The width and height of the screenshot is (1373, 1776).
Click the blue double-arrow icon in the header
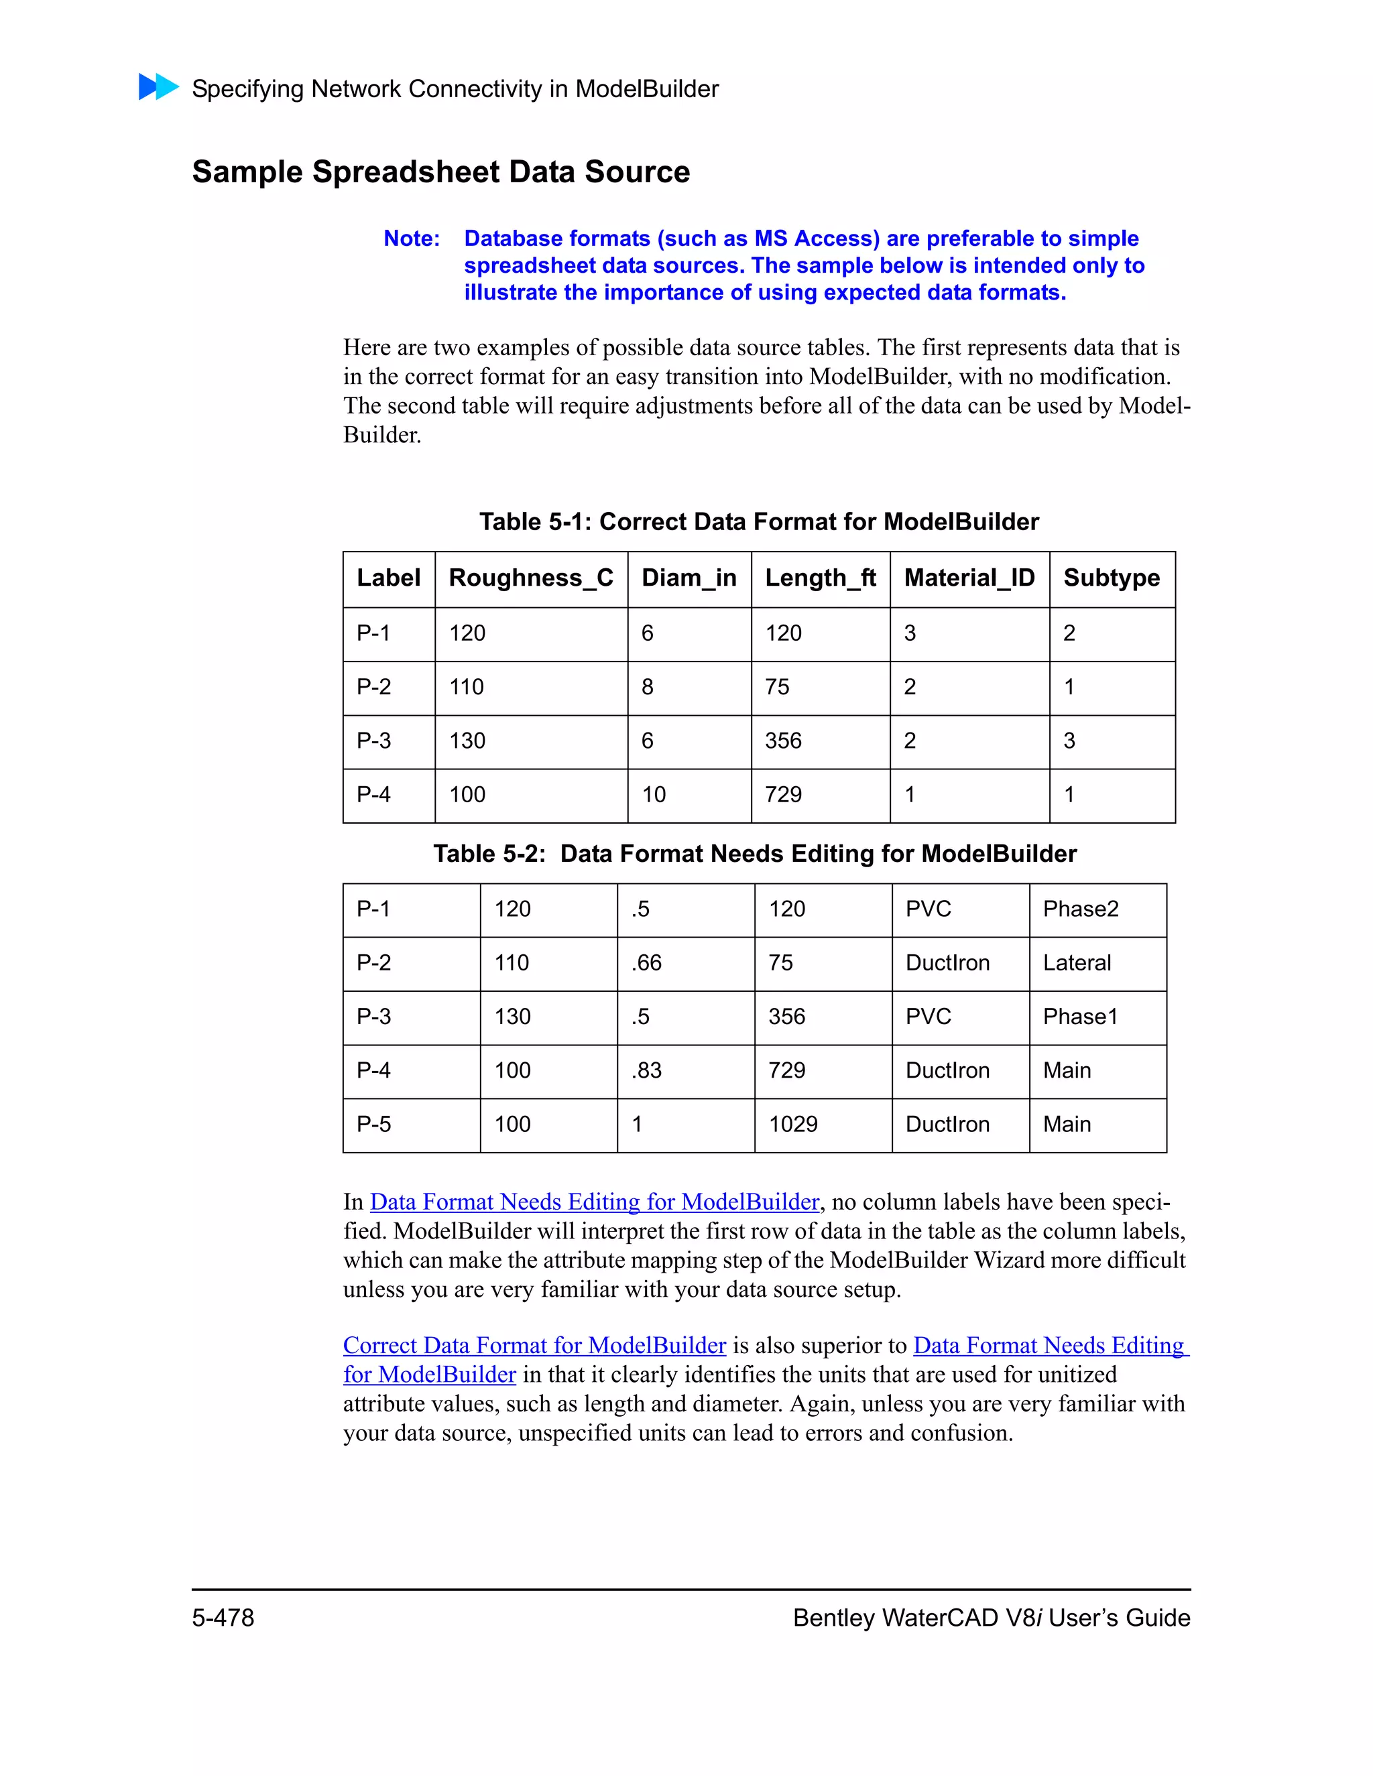pos(159,87)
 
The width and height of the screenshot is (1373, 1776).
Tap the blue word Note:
pos(412,239)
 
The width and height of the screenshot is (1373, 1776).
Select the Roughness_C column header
pos(530,578)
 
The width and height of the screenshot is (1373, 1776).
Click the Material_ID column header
pos(969,578)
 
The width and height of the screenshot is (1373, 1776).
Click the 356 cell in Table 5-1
pos(783,741)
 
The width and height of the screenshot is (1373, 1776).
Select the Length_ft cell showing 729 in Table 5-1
pos(783,794)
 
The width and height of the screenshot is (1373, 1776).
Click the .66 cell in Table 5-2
pos(647,963)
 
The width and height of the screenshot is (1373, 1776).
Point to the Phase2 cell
pos(1080,909)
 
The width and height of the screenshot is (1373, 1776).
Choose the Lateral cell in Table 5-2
pos(1076,963)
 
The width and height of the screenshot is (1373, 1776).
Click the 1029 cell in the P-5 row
pos(793,1125)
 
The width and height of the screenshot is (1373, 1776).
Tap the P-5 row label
pos(373,1125)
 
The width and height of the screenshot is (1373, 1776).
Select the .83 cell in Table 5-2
pos(647,1071)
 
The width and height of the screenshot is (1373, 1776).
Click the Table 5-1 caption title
pos(758,522)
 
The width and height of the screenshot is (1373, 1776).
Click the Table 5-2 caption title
pos(754,854)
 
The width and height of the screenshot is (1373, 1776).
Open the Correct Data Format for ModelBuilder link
pos(534,1346)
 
